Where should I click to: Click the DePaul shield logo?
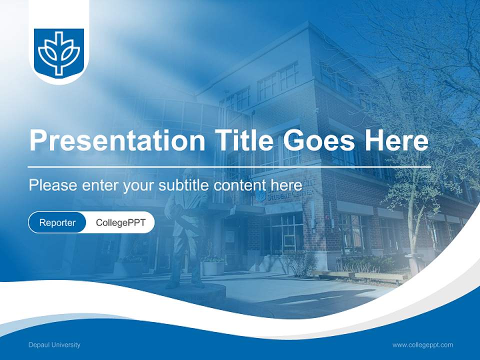click(x=59, y=52)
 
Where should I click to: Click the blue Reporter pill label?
click(x=57, y=222)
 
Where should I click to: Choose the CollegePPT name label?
click(x=120, y=222)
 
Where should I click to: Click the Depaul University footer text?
click(x=54, y=345)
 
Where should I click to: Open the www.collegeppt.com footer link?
click(x=422, y=345)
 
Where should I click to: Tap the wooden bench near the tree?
click(x=360, y=275)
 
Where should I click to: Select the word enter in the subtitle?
click(x=100, y=185)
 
